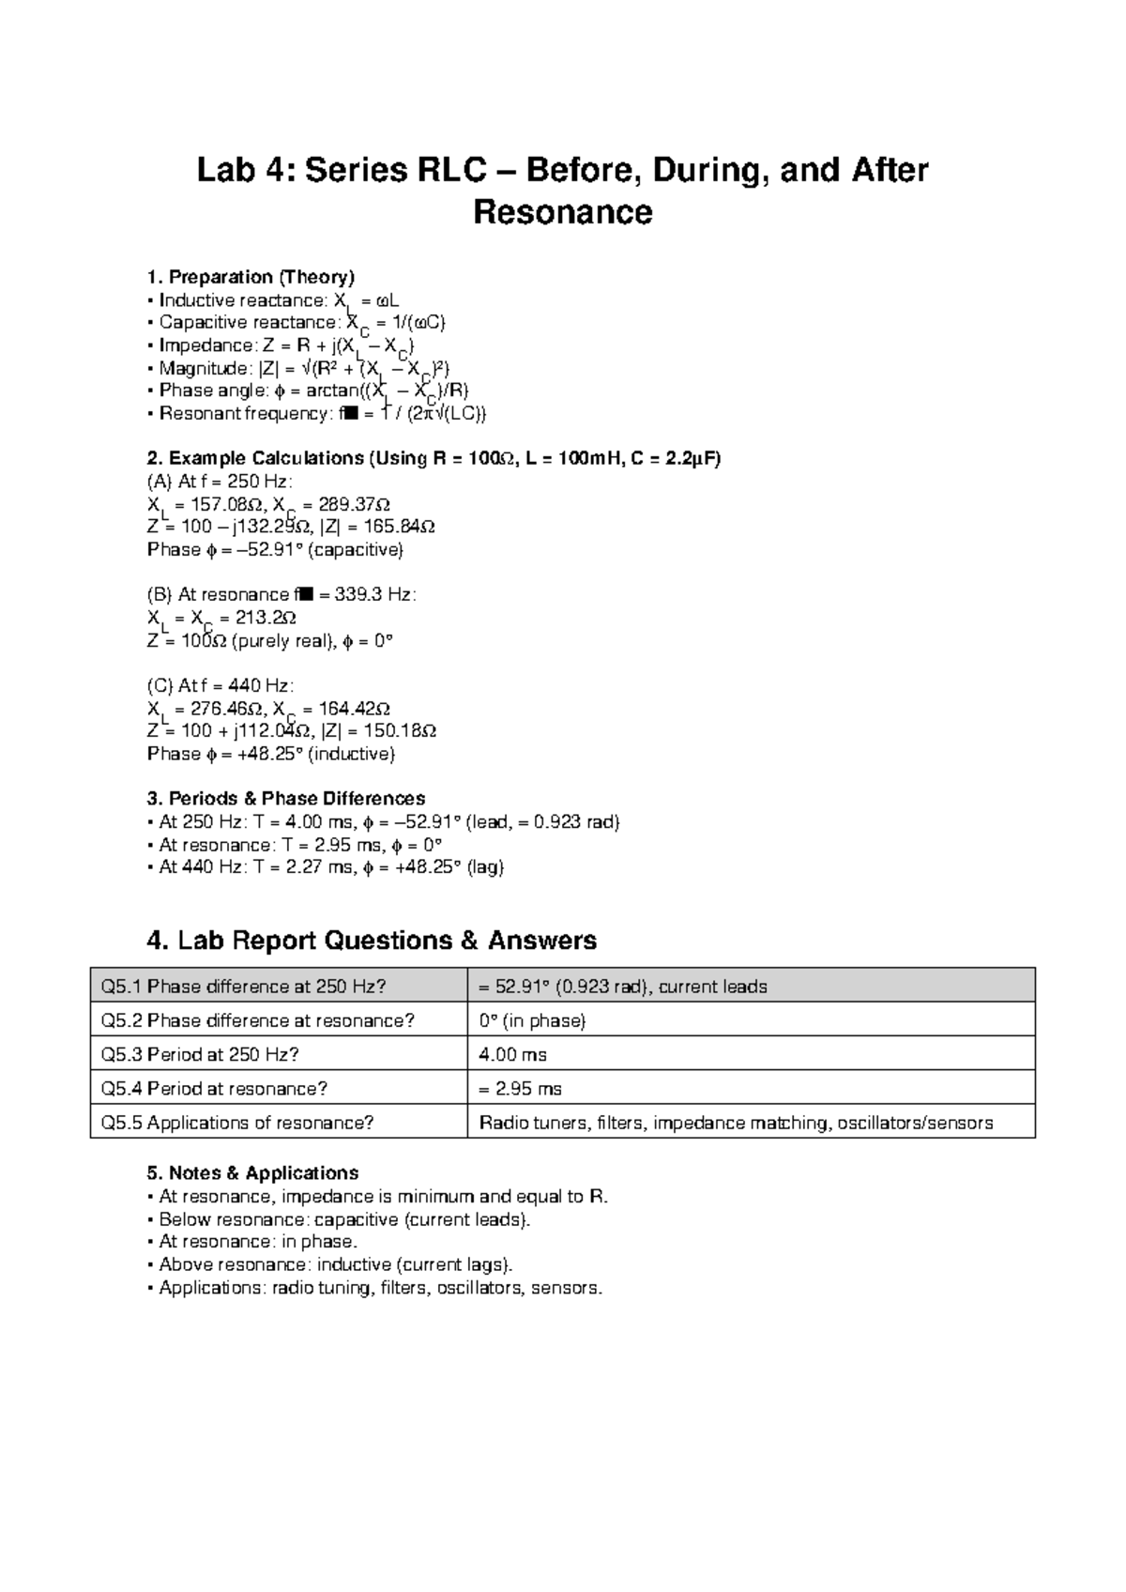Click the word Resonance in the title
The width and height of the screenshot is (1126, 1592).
562,213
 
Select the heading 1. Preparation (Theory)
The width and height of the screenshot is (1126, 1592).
251,277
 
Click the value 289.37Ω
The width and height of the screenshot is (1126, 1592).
346,504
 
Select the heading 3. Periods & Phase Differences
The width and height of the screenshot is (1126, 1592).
286,799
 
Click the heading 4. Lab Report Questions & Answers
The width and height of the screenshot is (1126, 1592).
372,941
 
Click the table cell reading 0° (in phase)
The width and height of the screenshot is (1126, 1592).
532,1020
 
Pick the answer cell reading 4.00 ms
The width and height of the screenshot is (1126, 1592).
513,1054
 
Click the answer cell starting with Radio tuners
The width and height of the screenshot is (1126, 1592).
736,1123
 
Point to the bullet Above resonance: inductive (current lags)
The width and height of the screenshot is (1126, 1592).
336,1264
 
